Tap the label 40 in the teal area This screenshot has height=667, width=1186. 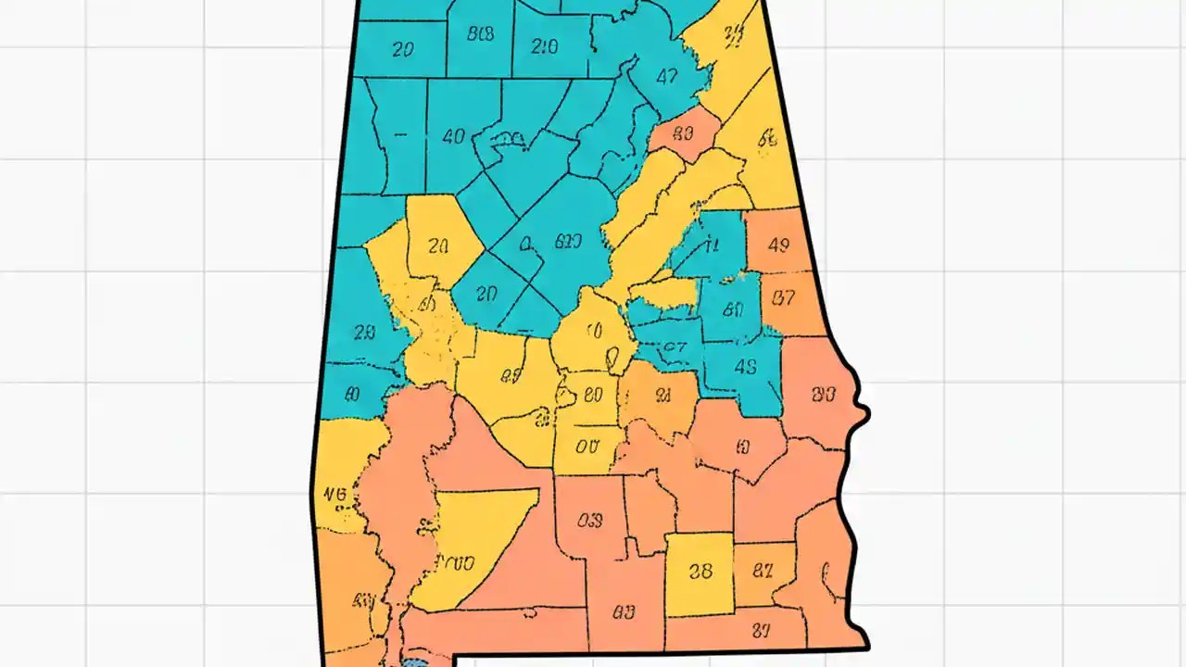[453, 137]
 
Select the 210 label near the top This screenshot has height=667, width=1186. [546, 46]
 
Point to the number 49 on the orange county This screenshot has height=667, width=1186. [778, 245]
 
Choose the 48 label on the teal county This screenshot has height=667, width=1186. [745, 365]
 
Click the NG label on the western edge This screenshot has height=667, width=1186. [335, 495]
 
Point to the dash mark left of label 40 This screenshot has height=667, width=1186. [400, 135]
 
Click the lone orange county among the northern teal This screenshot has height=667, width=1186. [684, 132]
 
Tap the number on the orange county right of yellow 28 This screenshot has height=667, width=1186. [763, 571]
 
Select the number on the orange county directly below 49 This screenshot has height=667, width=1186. [784, 298]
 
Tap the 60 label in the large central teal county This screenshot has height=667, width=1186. [567, 243]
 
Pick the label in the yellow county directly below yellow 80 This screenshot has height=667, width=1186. [587, 446]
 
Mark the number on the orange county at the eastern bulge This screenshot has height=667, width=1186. [823, 395]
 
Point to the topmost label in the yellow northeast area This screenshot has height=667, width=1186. [734, 35]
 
